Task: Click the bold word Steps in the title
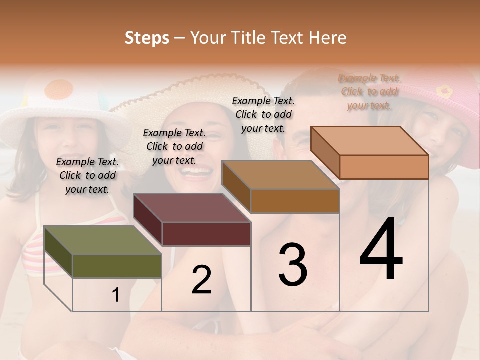click(x=147, y=38)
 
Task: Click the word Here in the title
click(x=327, y=38)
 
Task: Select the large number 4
click(x=381, y=249)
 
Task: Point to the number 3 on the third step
click(x=292, y=265)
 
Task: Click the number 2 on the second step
click(x=201, y=280)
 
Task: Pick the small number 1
click(x=116, y=295)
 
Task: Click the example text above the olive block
click(x=87, y=175)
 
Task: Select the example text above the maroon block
click(x=174, y=146)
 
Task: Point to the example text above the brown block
click(x=263, y=114)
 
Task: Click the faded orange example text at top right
click(x=369, y=91)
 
